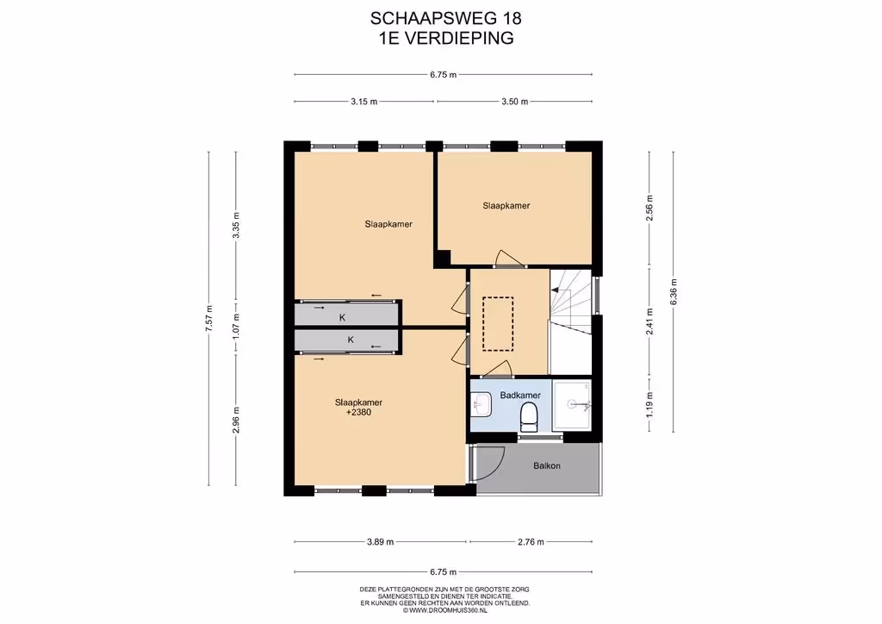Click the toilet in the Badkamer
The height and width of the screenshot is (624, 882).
529,417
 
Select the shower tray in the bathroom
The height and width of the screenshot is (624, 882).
571,404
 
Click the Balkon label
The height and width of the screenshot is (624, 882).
547,466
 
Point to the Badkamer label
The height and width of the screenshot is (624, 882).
520,395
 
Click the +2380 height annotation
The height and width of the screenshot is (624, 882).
358,413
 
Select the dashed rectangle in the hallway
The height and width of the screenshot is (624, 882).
498,324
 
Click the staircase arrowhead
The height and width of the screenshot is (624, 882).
556,290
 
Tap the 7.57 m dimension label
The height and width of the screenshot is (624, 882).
209,318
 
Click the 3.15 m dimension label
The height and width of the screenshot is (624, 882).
364,102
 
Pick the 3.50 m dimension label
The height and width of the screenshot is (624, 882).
515,102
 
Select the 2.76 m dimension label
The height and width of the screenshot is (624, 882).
531,542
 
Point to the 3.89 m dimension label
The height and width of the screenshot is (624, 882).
380,542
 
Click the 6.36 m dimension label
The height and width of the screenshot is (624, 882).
674,292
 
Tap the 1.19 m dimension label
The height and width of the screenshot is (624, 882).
649,403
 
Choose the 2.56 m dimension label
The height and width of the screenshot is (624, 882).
649,208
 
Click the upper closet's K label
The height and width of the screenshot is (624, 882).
342,317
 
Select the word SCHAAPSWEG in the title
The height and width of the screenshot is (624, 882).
433,19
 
